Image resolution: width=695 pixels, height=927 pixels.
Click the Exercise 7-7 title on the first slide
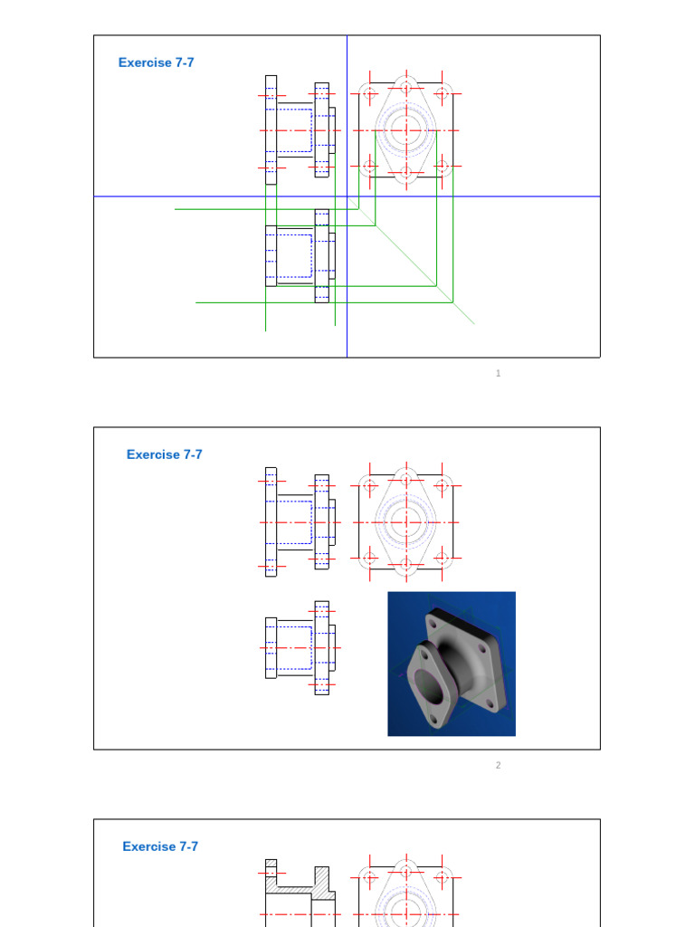pos(156,62)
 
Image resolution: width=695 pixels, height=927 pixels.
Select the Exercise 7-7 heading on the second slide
pos(164,454)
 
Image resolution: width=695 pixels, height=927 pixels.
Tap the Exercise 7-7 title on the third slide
pos(160,846)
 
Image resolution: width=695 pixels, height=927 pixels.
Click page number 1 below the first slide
pos(498,373)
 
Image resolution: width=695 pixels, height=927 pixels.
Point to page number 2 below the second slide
pos(498,765)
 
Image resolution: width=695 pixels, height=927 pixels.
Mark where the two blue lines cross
pos(347,196)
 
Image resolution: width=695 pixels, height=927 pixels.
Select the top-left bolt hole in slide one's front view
pos(369,93)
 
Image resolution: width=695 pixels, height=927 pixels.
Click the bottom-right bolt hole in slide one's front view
pos(443,167)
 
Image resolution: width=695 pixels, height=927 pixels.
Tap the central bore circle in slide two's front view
pos(406,522)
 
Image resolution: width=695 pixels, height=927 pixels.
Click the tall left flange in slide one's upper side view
pos(271,129)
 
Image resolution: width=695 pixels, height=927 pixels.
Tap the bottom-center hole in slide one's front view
pos(406,172)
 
